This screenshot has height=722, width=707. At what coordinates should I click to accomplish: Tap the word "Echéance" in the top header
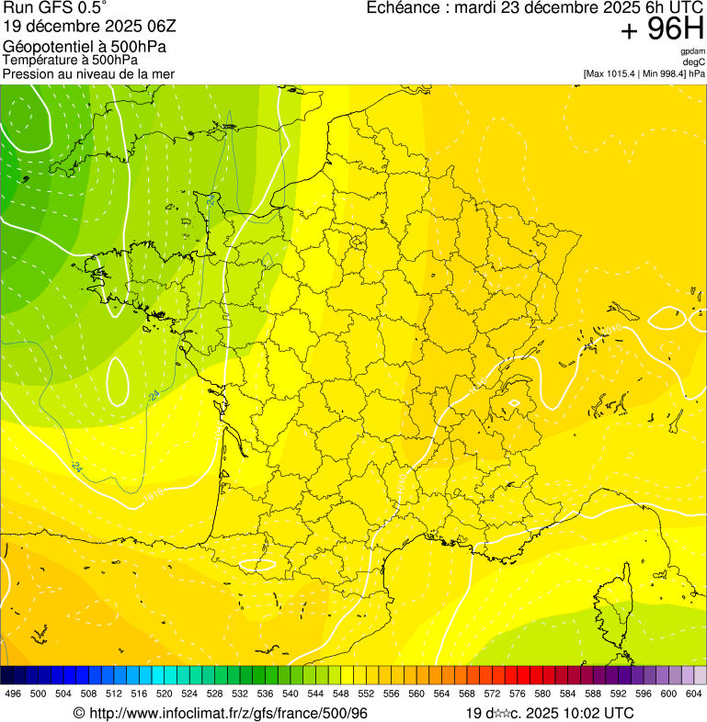click(x=400, y=8)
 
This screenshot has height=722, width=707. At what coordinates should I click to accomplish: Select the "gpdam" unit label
click(x=692, y=51)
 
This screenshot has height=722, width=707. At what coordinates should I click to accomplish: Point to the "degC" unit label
click(x=694, y=62)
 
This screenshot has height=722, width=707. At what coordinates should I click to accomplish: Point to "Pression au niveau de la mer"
click(x=88, y=73)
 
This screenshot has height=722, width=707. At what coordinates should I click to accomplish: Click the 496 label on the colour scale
click(x=13, y=694)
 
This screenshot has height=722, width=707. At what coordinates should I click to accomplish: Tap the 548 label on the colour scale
click(x=340, y=694)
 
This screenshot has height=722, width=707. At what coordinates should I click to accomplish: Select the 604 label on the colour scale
click(x=693, y=694)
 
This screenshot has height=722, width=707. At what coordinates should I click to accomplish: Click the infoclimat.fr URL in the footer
click(x=227, y=713)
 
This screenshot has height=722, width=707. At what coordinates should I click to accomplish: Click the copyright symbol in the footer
click(x=78, y=713)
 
